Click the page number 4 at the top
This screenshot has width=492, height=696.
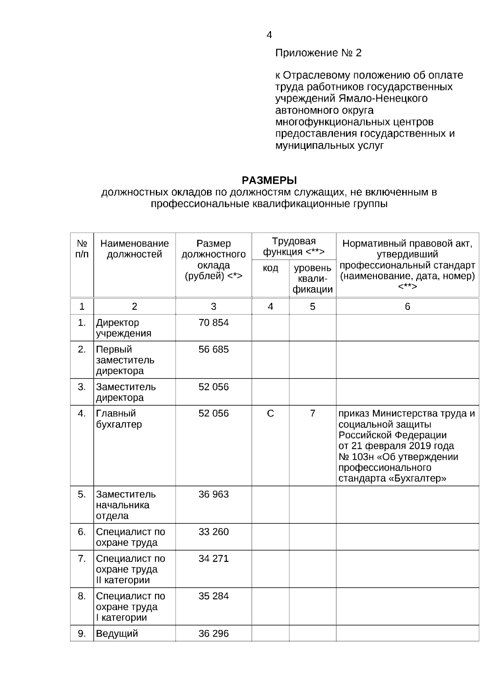pos(269,35)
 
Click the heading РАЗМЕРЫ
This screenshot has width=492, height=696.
pos(269,180)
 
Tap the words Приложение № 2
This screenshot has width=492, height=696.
pos(318,53)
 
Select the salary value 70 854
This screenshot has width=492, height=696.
pos(214,323)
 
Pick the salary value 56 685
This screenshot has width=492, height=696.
pos(214,349)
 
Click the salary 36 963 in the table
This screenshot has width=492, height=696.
pos(214,494)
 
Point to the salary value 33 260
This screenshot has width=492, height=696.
pos(214,532)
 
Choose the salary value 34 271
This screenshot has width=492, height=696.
pos(214,558)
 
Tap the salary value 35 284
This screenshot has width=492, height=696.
pos(214,596)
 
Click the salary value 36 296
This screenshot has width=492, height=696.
pos(214,633)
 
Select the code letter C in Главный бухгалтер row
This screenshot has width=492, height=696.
pos(270,413)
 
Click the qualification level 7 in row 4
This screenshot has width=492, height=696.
pos(312,413)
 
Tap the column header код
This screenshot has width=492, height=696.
pos(270,268)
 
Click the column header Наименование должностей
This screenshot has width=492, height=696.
pos(134,249)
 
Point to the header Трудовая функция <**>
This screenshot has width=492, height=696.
pos(294,246)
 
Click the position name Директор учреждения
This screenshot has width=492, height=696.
pos(123,328)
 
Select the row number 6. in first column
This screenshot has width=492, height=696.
pos(82,532)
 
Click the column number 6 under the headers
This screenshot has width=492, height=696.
pos(407,306)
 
